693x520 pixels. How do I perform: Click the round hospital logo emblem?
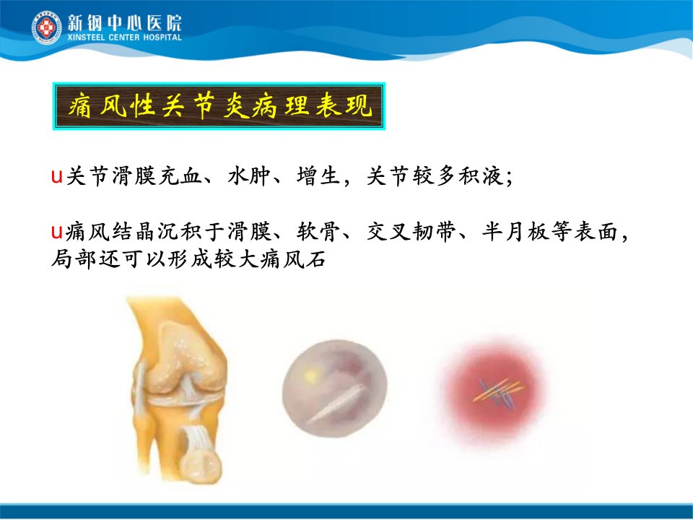[46, 28]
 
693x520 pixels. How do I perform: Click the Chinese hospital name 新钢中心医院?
[124, 23]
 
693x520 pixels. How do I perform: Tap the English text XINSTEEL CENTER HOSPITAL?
[124, 38]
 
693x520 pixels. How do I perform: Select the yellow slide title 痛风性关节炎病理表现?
[219, 106]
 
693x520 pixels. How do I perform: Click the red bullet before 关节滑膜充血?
[56, 176]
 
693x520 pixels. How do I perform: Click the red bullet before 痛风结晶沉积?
[56, 231]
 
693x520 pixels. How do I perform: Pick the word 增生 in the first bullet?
[318, 176]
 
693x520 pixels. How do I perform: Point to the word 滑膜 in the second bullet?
[249, 231]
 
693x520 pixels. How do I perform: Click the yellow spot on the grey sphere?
[310, 376]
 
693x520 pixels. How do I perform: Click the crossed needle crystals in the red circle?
[497, 391]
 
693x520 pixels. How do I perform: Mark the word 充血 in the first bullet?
[180, 176]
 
